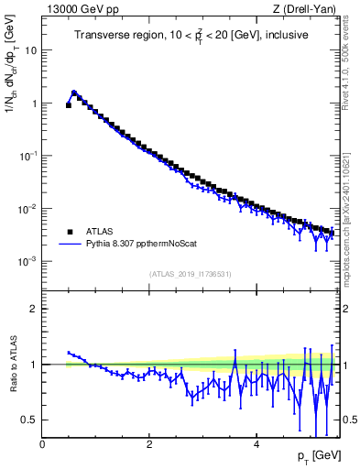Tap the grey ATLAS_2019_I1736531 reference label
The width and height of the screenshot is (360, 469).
click(x=189, y=273)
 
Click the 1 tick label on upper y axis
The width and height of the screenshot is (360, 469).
click(x=35, y=104)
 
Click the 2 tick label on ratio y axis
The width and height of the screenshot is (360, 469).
click(x=35, y=309)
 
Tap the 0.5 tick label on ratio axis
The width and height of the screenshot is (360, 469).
click(x=31, y=420)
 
